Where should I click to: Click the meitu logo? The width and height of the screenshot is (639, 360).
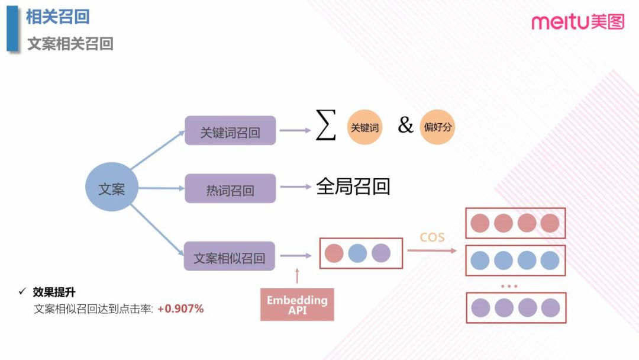(577, 22)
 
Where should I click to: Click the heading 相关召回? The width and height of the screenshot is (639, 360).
(57, 17)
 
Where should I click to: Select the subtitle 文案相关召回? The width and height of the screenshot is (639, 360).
(70, 44)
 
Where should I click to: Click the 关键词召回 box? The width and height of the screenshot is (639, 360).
(230, 131)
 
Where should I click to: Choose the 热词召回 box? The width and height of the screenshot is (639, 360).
(230, 189)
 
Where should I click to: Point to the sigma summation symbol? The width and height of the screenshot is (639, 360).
(325, 126)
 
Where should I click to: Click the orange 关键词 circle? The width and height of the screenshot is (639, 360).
(364, 127)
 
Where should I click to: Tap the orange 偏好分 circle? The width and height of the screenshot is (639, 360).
(437, 127)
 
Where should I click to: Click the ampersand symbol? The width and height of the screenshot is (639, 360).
(405, 126)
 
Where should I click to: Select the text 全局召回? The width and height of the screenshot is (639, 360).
(353, 187)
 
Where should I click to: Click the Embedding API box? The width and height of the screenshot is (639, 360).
(297, 304)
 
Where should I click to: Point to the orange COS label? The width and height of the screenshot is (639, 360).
(432, 237)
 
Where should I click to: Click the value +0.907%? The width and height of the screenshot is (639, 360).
(180, 308)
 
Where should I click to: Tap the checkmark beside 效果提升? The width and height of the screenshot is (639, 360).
(22, 292)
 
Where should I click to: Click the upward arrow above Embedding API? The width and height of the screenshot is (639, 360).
(297, 277)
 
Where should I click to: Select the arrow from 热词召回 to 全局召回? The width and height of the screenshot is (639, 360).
(295, 187)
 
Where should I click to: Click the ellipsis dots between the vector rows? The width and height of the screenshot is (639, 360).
(509, 286)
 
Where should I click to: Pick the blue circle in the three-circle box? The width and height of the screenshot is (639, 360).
(358, 253)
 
